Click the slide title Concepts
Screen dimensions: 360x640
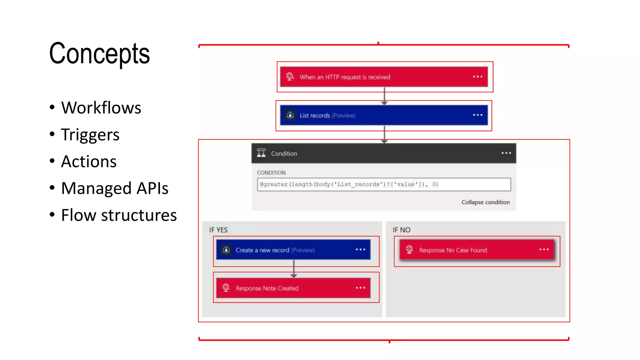tap(99, 54)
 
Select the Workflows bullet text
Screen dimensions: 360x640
tap(101, 108)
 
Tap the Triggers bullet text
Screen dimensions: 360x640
tap(90, 135)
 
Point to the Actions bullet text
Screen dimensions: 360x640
tap(89, 162)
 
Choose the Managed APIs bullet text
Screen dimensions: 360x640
tap(115, 188)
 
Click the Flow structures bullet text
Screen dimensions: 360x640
tap(119, 215)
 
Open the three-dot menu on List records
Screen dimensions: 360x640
tap(477, 115)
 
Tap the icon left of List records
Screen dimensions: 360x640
tap(290, 115)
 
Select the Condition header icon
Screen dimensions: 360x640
tap(261, 153)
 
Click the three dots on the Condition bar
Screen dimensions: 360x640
tap(506, 153)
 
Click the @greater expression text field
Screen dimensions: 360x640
tap(383, 184)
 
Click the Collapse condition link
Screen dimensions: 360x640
tap(485, 202)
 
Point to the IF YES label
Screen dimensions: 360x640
tap(218, 230)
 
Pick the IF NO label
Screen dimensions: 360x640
tap(401, 230)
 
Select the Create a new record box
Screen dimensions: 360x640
tap(293, 250)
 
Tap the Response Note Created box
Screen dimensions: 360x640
tap(293, 288)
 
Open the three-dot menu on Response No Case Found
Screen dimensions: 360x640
tap(544, 250)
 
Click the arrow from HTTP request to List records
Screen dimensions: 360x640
tap(384, 96)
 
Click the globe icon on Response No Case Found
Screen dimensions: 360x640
tap(409, 250)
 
